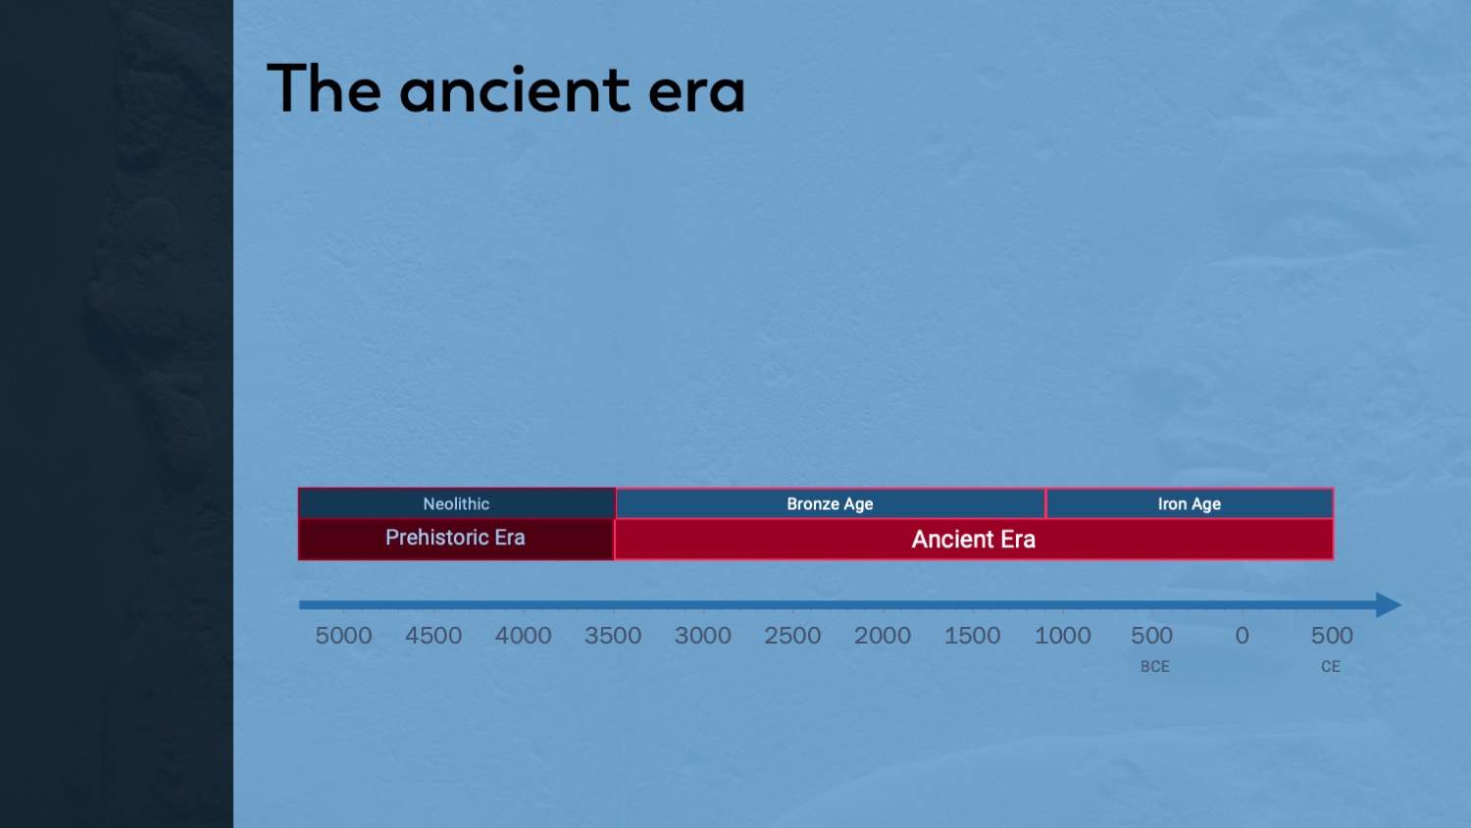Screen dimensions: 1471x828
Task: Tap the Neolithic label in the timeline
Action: pyautogui.click(x=456, y=504)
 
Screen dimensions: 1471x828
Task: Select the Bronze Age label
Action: pyautogui.click(x=830, y=504)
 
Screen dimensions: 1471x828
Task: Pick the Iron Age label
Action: pyautogui.click(x=1190, y=504)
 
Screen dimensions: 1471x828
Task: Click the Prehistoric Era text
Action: pyautogui.click(x=455, y=538)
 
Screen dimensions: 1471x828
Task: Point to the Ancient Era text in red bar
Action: pyautogui.click(x=973, y=540)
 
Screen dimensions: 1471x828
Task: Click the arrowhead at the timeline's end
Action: pyautogui.click(x=1389, y=604)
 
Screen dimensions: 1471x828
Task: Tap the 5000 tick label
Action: pyautogui.click(x=343, y=636)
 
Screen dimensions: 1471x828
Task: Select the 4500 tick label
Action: pyautogui.click(x=433, y=636)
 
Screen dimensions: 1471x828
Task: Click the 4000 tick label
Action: pyautogui.click(x=524, y=636)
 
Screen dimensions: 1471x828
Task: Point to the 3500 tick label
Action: pyautogui.click(x=613, y=636)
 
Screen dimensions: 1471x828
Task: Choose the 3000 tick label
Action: pyautogui.click(x=703, y=636)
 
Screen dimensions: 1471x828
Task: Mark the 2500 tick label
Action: pyautogui.click(x=792, y=636)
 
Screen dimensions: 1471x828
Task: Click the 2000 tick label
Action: pyautogui.click(x=883, y=636)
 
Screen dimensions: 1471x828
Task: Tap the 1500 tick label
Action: pyautogui.click(x=973, y=636)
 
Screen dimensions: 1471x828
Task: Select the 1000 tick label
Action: pyautogui.click(x=1062, y=636)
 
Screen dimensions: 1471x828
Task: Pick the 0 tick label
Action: pyautogui.click(x=1242, y=636)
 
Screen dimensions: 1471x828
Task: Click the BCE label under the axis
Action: pyautogui.click(x=1155, y=666)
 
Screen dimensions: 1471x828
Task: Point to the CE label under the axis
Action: pyautogui.click(x=1331, y=666)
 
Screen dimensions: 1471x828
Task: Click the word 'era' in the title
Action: pyautogui.click(x=696, y=92)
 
